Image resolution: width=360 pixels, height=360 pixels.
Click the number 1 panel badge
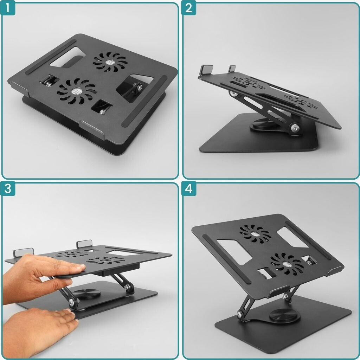8,8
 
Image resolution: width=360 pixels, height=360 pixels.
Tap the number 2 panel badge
189,8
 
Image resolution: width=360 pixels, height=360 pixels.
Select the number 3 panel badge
8,188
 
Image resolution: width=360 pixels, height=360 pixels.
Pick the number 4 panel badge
189,188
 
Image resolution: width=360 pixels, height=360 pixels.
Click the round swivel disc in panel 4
285,316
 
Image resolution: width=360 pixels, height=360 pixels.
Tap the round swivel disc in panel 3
87,294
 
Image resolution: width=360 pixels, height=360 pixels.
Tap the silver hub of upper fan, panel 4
255,234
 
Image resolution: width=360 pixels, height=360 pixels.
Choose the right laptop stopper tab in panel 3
84,244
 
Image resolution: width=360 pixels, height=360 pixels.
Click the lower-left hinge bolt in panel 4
240,314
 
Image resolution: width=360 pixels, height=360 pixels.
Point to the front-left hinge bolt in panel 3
72,301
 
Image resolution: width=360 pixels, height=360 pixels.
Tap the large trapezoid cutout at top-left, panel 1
67,58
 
